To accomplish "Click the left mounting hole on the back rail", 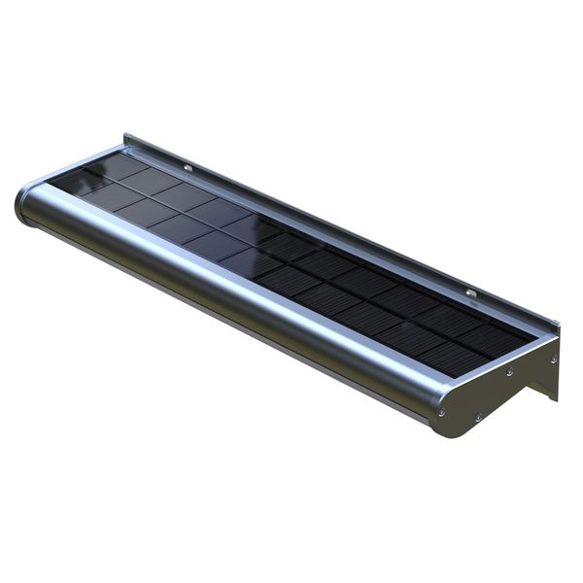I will pos(188,167).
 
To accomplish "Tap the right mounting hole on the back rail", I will pos(470,292).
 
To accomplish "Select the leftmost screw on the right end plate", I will pos(442,411).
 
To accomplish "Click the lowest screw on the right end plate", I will pos(477,418).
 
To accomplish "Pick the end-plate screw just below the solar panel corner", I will pos(508,371).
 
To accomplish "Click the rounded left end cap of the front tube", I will pos(24,205).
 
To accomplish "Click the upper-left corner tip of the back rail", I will pos(126,137).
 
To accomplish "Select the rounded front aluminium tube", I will pos(223,291).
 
